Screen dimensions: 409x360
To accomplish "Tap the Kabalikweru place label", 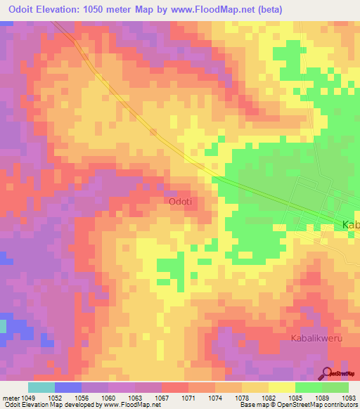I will click(x=316, y=338).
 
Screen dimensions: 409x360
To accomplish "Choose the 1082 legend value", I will click(x=267, y=397).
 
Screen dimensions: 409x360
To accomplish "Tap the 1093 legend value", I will click(x=348, y=397).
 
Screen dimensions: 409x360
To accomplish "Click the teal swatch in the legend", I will click(x=41, y=387).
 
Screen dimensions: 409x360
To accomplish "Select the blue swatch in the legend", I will click(x=68, y=387).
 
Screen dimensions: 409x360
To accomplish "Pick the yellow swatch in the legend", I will click(x=281, y=387).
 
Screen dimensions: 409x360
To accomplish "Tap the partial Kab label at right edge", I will click(x=350, y=225).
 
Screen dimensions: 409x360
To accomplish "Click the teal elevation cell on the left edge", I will click(x=2, y=326).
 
